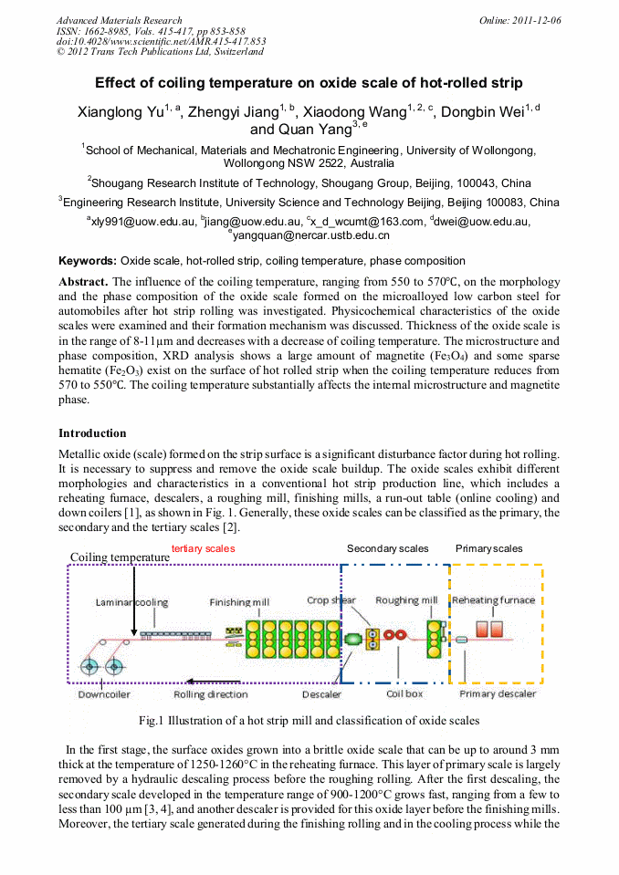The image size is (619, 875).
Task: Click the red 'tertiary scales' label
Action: (203, 548)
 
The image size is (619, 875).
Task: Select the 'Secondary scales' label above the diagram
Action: (387, 548)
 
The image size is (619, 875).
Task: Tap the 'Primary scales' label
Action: (488, 548)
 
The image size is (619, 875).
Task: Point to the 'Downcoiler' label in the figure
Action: (103, 694)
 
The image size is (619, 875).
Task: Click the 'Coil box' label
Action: (405, 694)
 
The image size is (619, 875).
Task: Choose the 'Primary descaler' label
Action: (498, 694)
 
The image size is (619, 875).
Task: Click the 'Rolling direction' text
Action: (211, 694)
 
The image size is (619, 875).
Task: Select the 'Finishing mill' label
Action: (240, 602)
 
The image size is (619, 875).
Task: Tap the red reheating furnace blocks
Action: (489, 630)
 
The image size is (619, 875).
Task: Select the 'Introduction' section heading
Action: (92, 432)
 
